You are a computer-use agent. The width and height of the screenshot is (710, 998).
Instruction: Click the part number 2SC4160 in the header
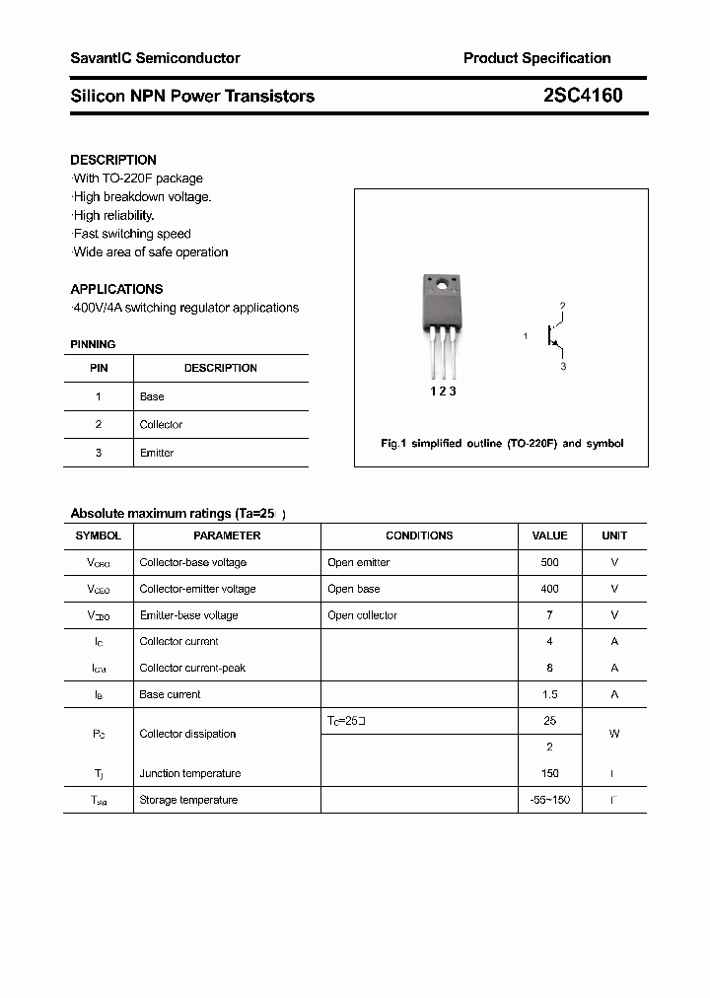582,96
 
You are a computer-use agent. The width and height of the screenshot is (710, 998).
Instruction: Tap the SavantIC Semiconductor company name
155,58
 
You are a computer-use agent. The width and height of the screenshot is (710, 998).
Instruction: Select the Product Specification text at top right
536,58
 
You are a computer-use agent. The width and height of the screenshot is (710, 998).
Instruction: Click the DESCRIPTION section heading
113,160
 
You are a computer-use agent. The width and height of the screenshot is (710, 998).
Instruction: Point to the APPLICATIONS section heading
116,289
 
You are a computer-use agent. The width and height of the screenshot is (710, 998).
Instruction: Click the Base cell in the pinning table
152,396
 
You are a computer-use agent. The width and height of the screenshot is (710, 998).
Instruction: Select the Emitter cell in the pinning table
157,453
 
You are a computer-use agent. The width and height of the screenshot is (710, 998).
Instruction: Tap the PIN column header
99,368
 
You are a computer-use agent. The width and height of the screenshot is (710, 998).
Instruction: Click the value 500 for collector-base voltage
549,562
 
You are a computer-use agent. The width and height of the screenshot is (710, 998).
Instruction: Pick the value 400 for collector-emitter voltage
549,589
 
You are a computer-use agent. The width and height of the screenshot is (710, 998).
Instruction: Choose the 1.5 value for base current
549,694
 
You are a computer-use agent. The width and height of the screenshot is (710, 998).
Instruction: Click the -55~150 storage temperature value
549,800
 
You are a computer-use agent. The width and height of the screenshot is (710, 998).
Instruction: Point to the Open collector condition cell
362,615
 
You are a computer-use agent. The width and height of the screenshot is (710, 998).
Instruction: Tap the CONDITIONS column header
419,535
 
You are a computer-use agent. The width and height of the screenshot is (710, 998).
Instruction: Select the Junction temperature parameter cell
189,773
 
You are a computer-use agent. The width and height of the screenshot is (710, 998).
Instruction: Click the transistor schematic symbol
554,336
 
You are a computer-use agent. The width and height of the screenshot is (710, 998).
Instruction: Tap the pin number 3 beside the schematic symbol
563,366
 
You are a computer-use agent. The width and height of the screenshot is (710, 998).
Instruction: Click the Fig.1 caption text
502,444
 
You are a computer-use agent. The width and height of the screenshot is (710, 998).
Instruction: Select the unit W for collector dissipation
614,734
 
